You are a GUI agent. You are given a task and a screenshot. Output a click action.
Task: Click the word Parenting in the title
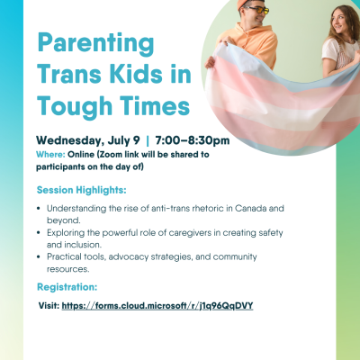click(95, 44)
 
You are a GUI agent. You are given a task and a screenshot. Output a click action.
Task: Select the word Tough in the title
click(75, 106)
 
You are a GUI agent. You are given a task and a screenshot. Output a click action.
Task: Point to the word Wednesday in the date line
click(70, 140)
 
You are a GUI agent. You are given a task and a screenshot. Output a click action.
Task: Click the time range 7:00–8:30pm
click(193, 140)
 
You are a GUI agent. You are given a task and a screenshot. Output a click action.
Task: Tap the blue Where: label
click(50, 155)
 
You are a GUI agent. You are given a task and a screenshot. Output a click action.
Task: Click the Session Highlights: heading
click(81, 190)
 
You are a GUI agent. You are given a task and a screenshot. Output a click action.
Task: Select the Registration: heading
click(67, 287)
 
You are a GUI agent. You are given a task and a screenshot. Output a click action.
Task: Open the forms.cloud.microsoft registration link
click(157, 306)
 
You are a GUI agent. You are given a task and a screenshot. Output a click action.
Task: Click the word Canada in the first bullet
click(250, 208)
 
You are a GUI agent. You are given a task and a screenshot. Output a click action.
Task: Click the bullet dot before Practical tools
click(39, 256)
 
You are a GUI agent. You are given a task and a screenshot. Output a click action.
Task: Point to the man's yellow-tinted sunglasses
click(257, 10)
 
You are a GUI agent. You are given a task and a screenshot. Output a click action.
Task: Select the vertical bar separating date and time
click(148, 140)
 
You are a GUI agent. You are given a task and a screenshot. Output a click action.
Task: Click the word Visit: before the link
click(49, 306)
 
